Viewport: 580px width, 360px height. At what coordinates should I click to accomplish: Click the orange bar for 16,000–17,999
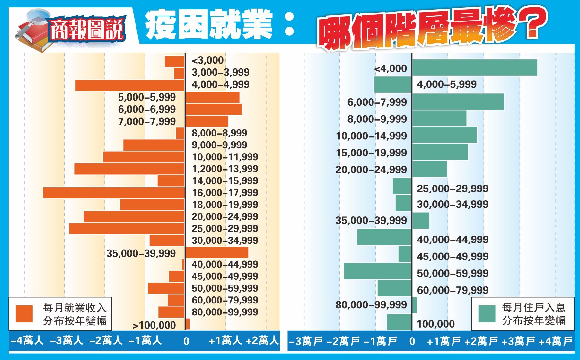click(x=114, y=193)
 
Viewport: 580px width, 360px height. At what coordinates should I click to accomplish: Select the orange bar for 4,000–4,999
click(x=130, y=85)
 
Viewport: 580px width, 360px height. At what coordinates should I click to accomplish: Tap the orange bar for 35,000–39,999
click(x=217, y=252)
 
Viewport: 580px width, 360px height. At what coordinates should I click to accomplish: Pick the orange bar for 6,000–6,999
click(x=214, y=109)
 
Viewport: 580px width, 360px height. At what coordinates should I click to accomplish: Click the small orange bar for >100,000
click(x=188, y=324)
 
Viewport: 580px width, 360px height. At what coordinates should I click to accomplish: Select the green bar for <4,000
click(x=474, y=68)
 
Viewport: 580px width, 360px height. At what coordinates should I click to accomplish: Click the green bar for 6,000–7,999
click(x=458, y=102)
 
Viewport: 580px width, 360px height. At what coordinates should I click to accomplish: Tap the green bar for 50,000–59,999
click(x=378, y=271)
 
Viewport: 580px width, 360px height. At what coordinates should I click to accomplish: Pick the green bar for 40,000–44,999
click(x=384, y=237)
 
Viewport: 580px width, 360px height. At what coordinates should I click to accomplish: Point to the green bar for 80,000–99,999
click(x=414, y=305)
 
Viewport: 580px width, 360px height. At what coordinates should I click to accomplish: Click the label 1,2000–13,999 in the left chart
click(x=225, y=169)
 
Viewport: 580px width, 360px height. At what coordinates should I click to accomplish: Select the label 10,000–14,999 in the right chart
click(x=371, y=136)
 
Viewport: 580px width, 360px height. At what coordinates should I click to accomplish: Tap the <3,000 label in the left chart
click(x=207, y=60)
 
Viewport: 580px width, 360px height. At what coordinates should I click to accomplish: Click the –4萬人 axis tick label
click(x=27, y=341)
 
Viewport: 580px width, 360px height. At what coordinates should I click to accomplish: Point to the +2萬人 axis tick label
click(x=262, y=341)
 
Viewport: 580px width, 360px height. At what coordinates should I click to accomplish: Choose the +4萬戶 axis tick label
click(x=555, y=341)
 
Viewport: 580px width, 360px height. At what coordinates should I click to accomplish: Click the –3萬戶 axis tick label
click(x=306, y=341)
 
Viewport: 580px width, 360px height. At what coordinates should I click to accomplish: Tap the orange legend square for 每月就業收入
click(x=24, y=314)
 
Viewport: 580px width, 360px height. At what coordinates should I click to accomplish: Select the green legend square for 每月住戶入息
click(x=487, y=314)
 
